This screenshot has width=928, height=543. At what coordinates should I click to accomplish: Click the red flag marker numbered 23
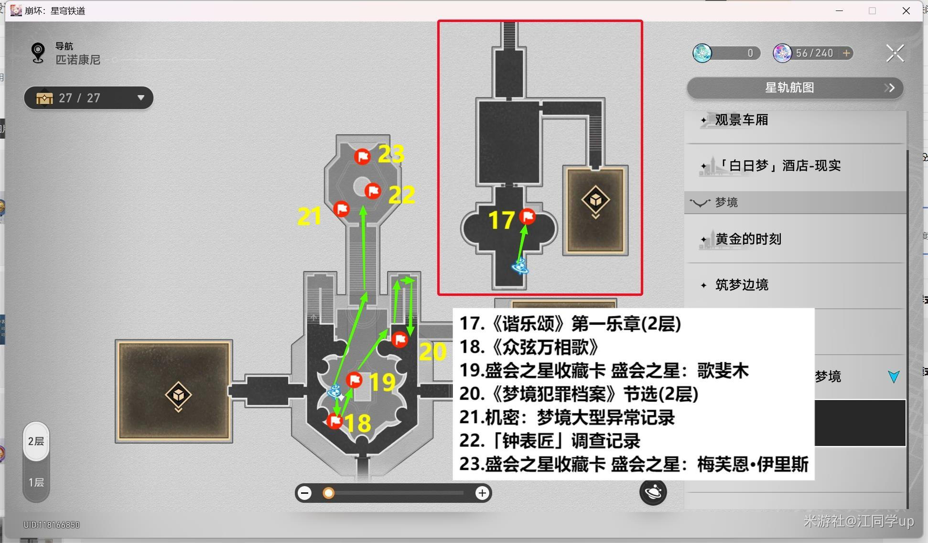pos(362,156)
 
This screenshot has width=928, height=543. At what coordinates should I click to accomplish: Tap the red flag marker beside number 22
pos(373,191)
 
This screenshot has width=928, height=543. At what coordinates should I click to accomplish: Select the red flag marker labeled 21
pos(341,209)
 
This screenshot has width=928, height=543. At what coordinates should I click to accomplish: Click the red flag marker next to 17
pos(528,217)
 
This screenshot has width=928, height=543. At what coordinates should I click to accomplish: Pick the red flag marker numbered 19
pos(354,380)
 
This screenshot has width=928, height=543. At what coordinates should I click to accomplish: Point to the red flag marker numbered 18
pos(335,421)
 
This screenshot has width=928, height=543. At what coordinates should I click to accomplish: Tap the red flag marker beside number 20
pos(399,340)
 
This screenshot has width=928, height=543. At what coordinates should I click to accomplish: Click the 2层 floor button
pos(36,441)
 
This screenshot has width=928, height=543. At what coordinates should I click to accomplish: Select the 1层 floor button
pos(36,482)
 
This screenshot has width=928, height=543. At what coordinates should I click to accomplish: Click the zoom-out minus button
pos(304,493)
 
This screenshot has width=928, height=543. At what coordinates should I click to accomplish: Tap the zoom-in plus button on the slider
pos(482,493)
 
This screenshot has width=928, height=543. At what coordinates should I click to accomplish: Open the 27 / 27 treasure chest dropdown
pos(88,98)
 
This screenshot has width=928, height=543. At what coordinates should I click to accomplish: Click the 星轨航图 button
pos(795,88)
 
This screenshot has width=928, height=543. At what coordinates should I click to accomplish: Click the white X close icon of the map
pos(895,53)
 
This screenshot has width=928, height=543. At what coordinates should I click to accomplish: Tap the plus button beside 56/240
pos(846,53)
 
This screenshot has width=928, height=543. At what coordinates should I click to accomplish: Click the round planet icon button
pos(653,492)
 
